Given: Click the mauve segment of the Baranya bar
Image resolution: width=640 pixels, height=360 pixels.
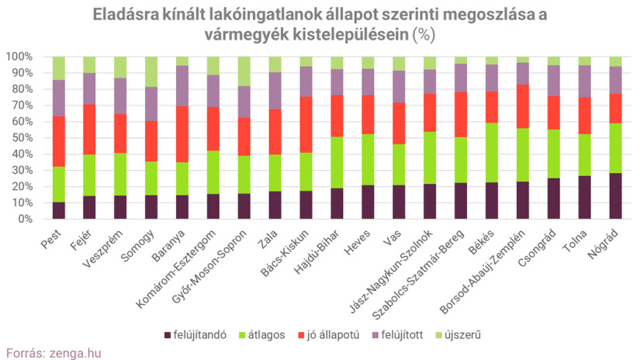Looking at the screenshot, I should [x=182, y=86].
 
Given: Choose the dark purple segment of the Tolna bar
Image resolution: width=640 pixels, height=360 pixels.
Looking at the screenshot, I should [x=584, y=197].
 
